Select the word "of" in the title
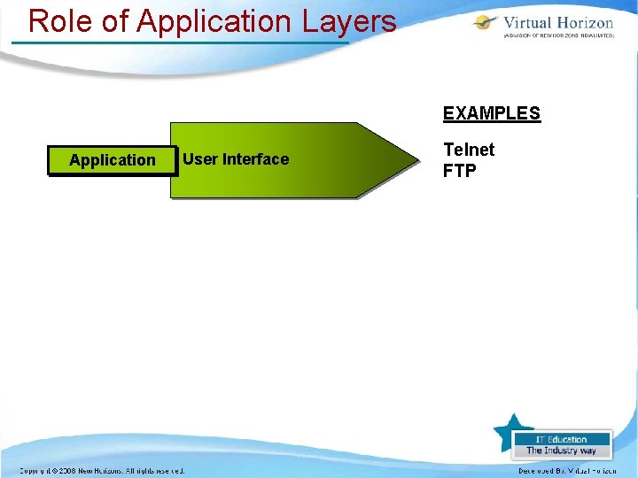pyautogui.click(x=115, y=20)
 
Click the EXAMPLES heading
pyautogui.click(x=491, y=113)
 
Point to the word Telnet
pyautogui.click(x=469, y=150)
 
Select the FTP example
pyautogui.click(x=459, y=170)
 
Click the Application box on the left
pyautogui.click(x=112, y=160)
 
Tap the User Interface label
pyautogui.click(x=235, y=159)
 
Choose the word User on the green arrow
pyautogui.click(x=199, y=159)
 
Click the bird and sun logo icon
pyautogui.click(x=486, y=25)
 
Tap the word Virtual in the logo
pyautogui.click(x=530, y=22)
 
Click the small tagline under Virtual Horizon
pyautogui.click(x=558, y=37)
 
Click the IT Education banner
pyautogui.click(x=562, y=439)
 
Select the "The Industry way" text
pyautogui.click(x=562, y=451)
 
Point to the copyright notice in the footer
pyautogui.click(x=102, y=470)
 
